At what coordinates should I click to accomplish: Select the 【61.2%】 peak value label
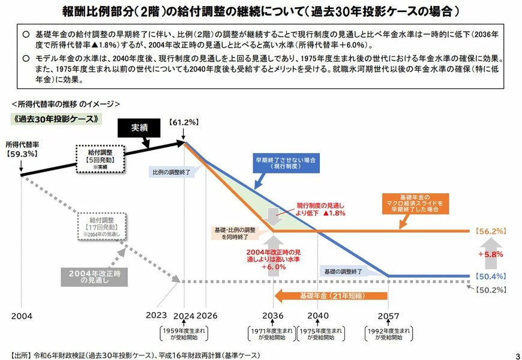pyautogui.click(x=184, y=122)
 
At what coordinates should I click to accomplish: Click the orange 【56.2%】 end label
pyautogui.click(x=490, y=231)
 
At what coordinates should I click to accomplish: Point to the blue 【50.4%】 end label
pyautogui.click(x=490, y=276)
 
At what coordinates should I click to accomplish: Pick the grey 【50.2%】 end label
pyautogui.click(x=490, y=290)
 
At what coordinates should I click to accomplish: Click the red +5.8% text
pyautogui.click(x=490, y=254)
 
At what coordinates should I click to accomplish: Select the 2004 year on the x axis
pyautogui.click(x=22, y=314)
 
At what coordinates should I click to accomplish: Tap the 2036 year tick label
pyautogui.click(x=273, y=314)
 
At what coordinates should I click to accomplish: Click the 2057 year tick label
pyautogui.click(x=388, y=314)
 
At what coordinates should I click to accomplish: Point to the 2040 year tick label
pyautogui.click(x=317, y=314)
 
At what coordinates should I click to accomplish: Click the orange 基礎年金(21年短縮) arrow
pyautogui.click(x=330, y=295)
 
